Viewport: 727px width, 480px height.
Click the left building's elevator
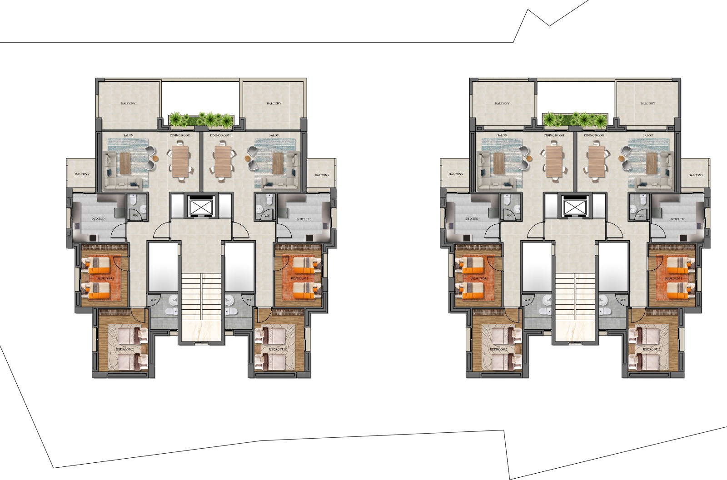tap(201, 207)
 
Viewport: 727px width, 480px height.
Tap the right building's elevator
tap(575, 207)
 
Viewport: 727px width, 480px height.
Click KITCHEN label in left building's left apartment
tap(99, 219)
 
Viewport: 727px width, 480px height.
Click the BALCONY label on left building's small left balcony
tap(82, 174)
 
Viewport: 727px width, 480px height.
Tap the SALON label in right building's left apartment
tap(502, 135)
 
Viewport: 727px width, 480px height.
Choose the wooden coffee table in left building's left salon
tap(125, 163)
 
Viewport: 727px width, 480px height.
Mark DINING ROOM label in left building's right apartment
tap(220, 135)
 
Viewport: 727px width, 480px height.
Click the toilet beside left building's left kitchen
tap(133, 200)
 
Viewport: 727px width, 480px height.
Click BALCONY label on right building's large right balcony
tap(647, 104)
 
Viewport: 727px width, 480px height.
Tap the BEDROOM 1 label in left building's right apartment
tap(299, 278)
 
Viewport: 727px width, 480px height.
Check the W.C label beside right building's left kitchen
tap(509, 215)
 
